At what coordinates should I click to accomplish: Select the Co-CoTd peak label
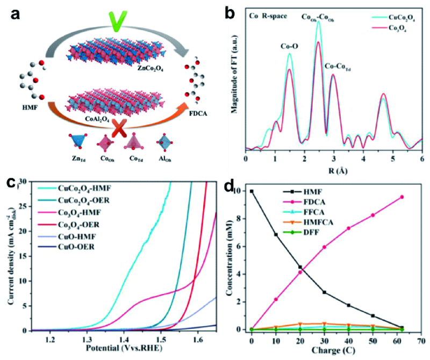[339, 67]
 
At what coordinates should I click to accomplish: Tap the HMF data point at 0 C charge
[252, 191]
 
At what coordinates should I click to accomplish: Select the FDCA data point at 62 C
[402, 197]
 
